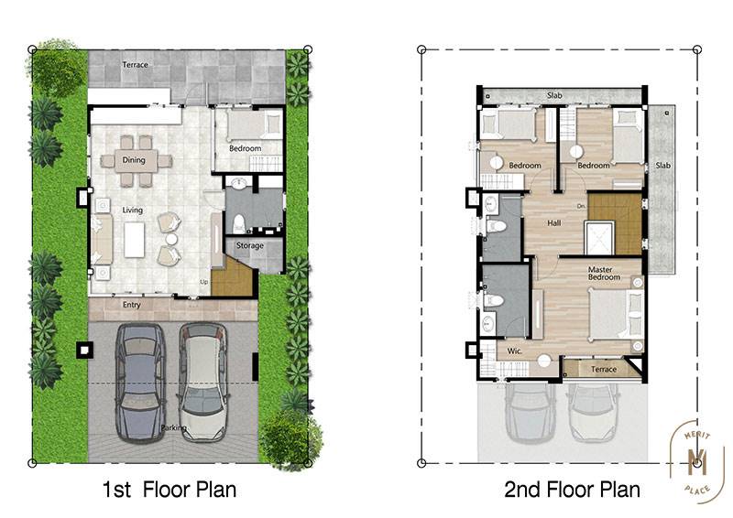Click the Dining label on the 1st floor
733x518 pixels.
[x=134, y=160]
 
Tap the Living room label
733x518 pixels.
[x=132, y=210]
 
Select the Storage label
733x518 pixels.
[x=249, y=245]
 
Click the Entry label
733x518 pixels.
[x=131, y=305]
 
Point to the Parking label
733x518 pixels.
[x=173, y=427]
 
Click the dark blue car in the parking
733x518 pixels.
[x=140, y=383]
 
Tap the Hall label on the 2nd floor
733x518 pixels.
[x=554, y=222]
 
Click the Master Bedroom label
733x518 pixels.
[x=604, y=274]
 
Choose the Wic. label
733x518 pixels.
[x=514, y=351]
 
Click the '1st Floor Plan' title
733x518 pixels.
[x=170, y=490]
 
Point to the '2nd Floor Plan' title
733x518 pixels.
[x=572, y=490]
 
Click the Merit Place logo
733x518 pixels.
[x=697, y=461]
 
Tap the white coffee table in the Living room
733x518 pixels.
[x=134, y=240]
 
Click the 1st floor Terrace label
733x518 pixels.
[x=135, y=64]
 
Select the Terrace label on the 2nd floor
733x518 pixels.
[x=604, y=370]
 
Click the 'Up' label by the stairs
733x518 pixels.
[x=203, y=282]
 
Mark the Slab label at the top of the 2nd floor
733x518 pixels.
[x=554, y=95]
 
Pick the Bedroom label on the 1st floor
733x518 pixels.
[x=245, y=148]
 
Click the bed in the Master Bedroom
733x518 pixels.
[x=616, y=313]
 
